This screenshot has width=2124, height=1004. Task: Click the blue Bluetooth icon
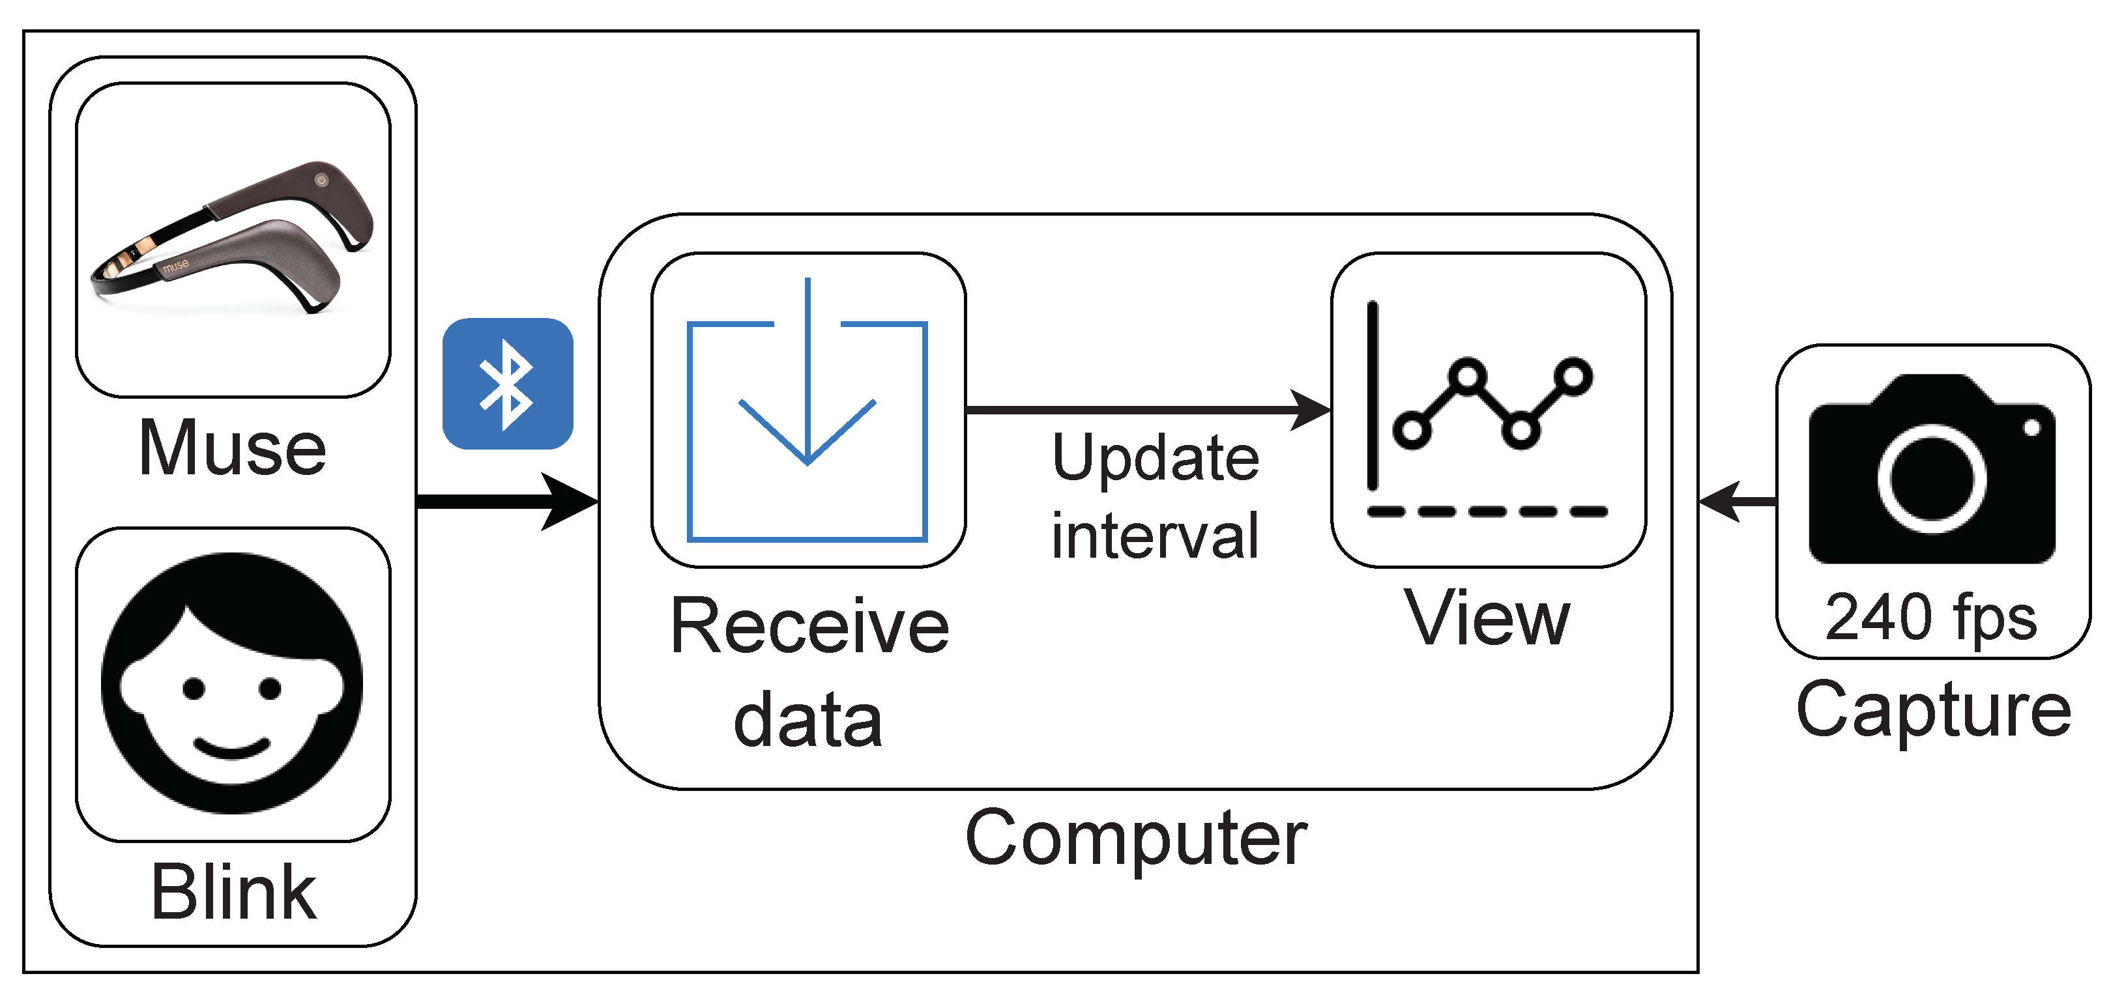pyautogui.click(x=507, y=384)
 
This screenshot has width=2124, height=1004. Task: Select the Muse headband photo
pyautogui.click(x=233, y=239)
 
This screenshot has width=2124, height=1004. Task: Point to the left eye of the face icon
pyautogui.click(x=194, y=688)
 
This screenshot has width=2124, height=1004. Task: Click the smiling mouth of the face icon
pyautogui.click(x=232, y=749)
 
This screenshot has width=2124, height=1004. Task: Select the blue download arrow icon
pyautogui.click(x=807, y=412)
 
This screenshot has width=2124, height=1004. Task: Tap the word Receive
pyautogui.click(x=809, y=627)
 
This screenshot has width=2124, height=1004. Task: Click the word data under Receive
pyautogui.click(x=808, y=721)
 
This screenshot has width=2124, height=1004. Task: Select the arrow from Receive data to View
pyautogui.click(x=1146, y=409)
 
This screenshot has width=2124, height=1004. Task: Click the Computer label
pyautogui.click(x=1136, y=839)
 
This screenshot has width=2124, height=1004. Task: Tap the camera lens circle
pyautogui.click(x=1931, y=478)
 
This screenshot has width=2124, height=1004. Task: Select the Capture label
pyautogui.click(x=1934, y=711)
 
